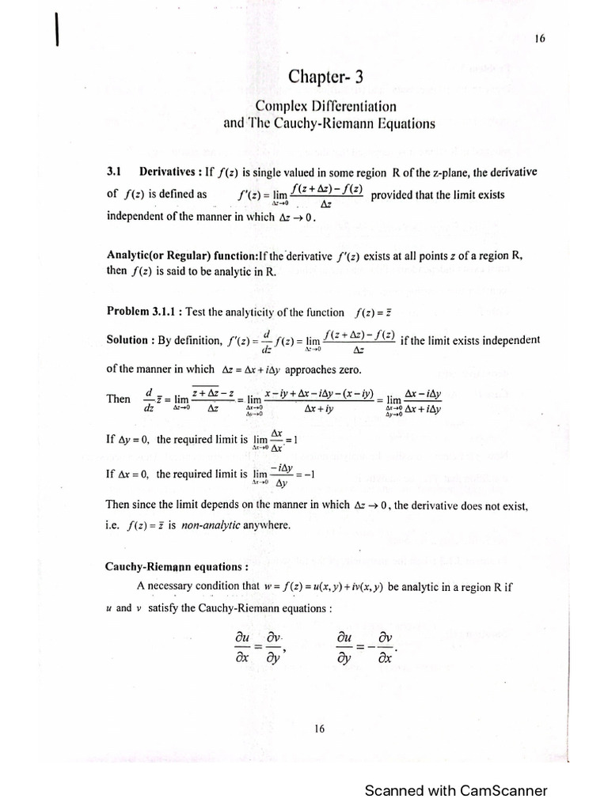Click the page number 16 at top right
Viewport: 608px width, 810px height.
click(x=541, y=37)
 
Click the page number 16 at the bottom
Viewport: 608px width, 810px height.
click(x=319, y=729)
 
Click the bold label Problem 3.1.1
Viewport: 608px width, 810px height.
click(x=141, y=312)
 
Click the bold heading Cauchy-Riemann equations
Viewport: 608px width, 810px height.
click(x=166, y=567)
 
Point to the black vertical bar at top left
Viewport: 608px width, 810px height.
click(x=58, y=34)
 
